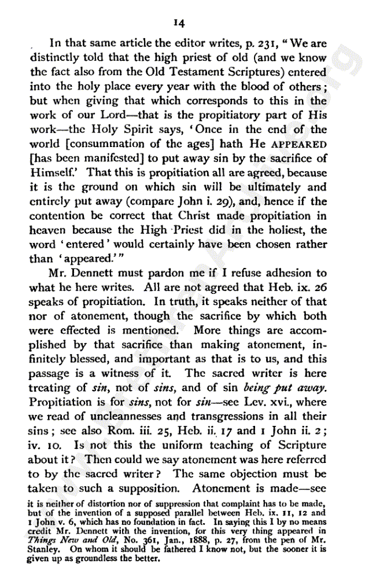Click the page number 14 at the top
[178, 23]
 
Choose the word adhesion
[280, 273]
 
